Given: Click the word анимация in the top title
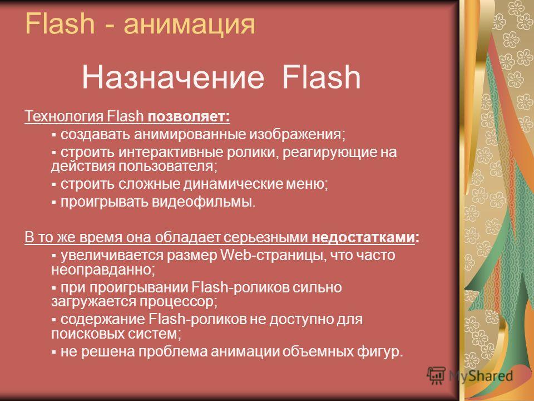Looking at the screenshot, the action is coord(189,25).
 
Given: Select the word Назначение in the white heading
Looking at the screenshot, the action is coord(173,77).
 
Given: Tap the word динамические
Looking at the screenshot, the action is coord(233,184).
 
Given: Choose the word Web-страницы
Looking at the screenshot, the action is coord(270,256).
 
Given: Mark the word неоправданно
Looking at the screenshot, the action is coord(101,270).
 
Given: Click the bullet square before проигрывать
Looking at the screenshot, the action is coord(54,203).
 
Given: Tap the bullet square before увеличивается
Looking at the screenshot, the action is coord(54,256).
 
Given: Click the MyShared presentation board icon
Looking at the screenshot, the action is coord(436,376).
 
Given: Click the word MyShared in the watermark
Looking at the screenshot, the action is coord(481,376).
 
